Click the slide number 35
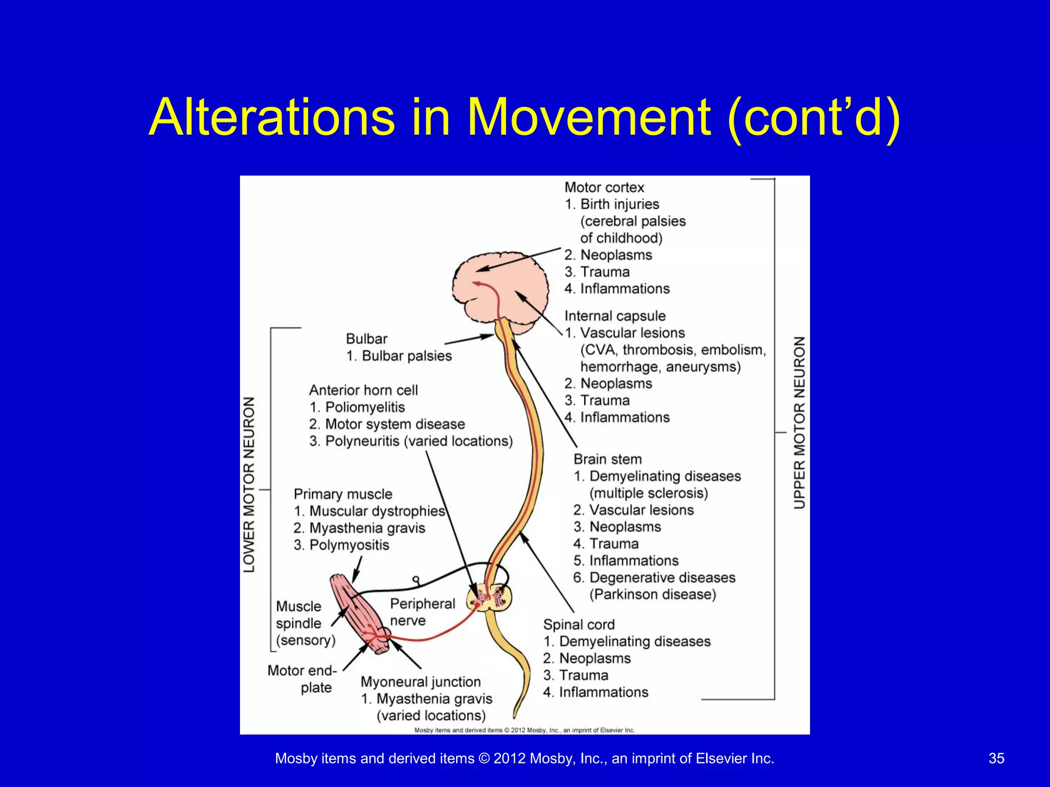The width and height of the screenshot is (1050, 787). pos(996,758)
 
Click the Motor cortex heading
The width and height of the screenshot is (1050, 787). pos(604,188)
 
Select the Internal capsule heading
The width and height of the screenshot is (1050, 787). pos(615,316)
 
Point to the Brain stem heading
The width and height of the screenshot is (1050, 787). pos(608,459)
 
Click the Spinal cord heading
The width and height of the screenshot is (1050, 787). pos(579,625)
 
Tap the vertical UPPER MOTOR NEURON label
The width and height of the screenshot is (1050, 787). pos(799,423)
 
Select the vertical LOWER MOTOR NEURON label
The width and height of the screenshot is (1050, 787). pos(249,484)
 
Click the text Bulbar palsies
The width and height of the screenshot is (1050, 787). pos(407,356)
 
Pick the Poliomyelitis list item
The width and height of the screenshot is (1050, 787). pos(365,407)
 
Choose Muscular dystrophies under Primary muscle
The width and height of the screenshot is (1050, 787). pos(377,511)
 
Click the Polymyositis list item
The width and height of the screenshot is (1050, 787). pos(349,545)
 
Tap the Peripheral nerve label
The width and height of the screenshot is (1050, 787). pos(422,612)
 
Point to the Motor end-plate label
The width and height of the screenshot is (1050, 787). pos(302,678)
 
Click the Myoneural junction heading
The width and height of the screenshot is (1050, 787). pos(420,682)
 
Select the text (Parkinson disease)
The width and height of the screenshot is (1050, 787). pos(652,594)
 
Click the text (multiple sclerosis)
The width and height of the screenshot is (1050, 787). pos(648,493)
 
